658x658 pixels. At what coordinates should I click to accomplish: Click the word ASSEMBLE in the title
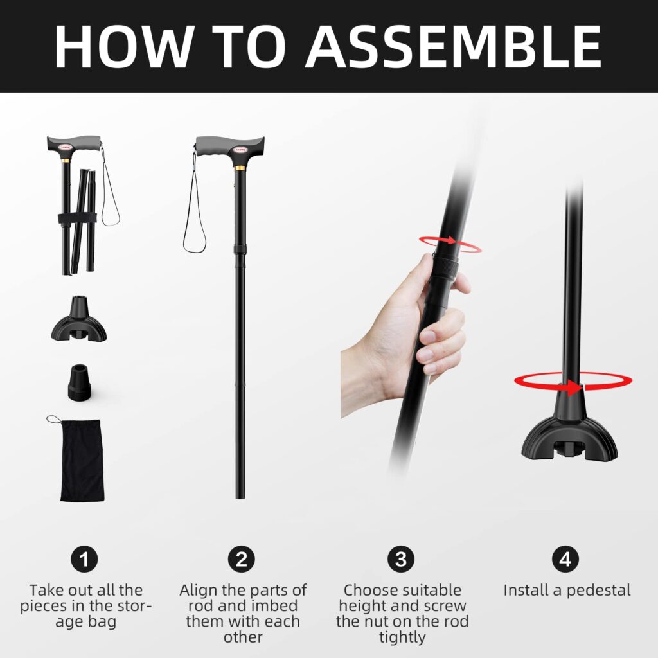click(x=455, y=46)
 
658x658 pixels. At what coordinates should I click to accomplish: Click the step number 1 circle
click(x=84, y=559)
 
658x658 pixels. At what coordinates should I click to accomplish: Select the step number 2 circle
click(x=242, y=559)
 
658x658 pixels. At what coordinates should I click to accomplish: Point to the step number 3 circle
click(x=401, y=559)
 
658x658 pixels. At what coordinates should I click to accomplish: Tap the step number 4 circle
click(x=565, y=559)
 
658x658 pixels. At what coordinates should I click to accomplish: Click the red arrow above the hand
click(x=450, y=244)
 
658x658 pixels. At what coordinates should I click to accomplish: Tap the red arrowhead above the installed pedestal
click(x=574, y=387)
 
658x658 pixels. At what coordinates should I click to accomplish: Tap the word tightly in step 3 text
click(x=402, y=637)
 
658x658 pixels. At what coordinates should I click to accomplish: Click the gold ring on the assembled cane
click(x=240, y=168)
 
